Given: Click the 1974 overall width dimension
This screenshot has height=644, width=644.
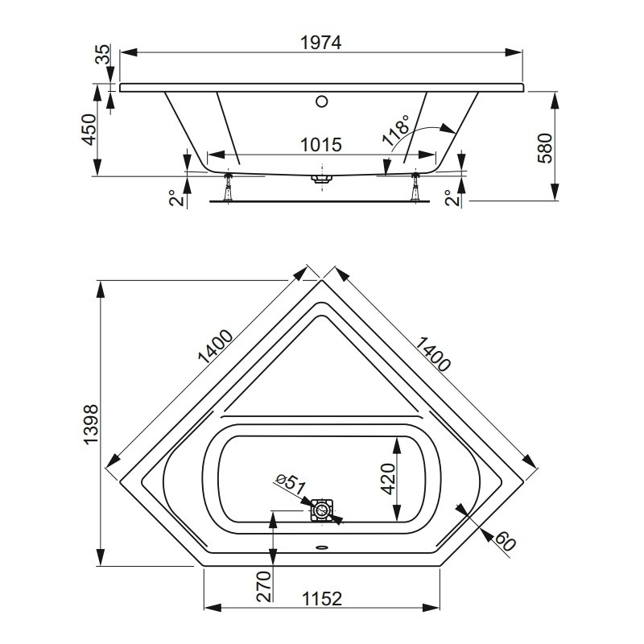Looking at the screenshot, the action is (x=320, y=43).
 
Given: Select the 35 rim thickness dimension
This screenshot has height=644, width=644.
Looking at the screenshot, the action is (x=103, y=54).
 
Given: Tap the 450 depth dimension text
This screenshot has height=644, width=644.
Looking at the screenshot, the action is (x=89, y=130).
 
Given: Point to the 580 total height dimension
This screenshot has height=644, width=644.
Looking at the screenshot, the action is (x=545, y=148).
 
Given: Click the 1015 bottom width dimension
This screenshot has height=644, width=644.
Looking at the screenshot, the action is (x=321, y=145).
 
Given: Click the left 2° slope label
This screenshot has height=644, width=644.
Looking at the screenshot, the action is (x=175, y=198).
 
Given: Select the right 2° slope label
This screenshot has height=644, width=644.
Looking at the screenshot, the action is (x=451, y=198).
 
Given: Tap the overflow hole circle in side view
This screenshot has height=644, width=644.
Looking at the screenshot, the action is (x=322, y=101).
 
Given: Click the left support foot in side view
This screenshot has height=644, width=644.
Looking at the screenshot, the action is (x=227, y=187).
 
